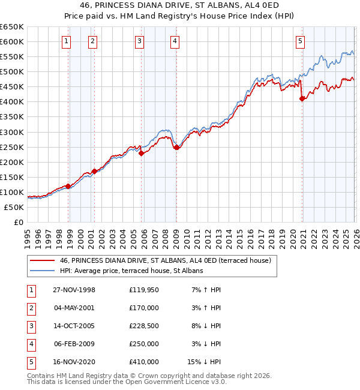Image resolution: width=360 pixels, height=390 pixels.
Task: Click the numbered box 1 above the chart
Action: (x=66, y=41)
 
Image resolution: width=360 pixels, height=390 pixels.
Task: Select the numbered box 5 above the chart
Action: (x=300, y=41)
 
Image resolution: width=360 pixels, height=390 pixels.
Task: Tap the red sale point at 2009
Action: (x=176, y=148)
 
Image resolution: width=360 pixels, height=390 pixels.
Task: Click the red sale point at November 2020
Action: (x=302, y=99)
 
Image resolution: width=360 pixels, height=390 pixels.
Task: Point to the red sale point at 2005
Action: (x=141, y=154)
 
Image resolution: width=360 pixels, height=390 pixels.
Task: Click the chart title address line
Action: (x=180, y=7)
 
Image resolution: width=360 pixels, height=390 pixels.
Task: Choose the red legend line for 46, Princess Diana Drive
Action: (x=43, y=261)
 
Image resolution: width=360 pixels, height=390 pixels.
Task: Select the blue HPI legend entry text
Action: (x=131, y=271)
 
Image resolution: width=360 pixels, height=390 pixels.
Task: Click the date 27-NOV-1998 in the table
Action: (x=74, y=290)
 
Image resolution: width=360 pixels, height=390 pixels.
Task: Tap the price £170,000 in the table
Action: (x=144, y=308)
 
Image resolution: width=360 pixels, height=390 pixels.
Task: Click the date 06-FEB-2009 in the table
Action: (x=74, y=344)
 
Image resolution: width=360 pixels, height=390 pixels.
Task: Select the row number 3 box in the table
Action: (x=29, y=326)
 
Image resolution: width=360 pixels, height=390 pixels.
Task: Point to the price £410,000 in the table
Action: (x=144, y=362)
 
